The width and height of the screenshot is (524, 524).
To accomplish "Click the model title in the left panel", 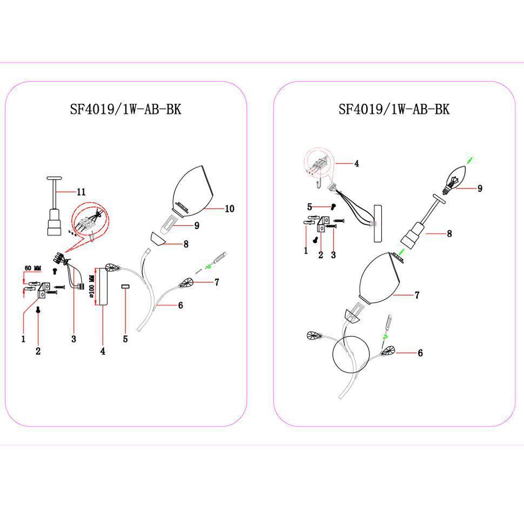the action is tap(125, 109).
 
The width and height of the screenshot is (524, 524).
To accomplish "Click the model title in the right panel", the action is tap(394, 109).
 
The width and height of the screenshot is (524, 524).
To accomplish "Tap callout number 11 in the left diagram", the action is tap(81, 192).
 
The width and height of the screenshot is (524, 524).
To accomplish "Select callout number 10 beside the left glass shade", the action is tap(230, 209).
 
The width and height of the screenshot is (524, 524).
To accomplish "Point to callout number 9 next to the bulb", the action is tap(480, 189).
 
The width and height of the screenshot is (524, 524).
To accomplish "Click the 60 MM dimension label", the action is tap(33, 268).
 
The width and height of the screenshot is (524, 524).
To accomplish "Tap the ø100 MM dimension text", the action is tap(92, 286).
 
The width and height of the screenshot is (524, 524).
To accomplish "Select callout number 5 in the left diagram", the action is tap(125, 339).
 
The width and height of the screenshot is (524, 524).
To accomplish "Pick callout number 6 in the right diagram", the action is tap(420, 353).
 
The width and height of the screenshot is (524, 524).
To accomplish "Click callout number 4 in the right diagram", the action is tap(357, 164).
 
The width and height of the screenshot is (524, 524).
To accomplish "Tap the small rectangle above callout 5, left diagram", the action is tap(125, 286).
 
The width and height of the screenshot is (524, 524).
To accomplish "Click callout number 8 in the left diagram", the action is tap(186, 244).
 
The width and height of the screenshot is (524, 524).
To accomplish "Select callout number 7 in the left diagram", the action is tap(217, 283).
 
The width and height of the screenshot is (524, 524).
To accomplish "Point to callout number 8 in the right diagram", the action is tap(449, 233).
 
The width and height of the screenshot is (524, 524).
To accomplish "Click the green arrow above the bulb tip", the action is tap(469, 160).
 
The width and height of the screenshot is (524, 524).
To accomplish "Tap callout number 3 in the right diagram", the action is tap(333, 255).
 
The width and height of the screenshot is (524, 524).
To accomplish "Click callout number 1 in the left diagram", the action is tap(23, 339).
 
